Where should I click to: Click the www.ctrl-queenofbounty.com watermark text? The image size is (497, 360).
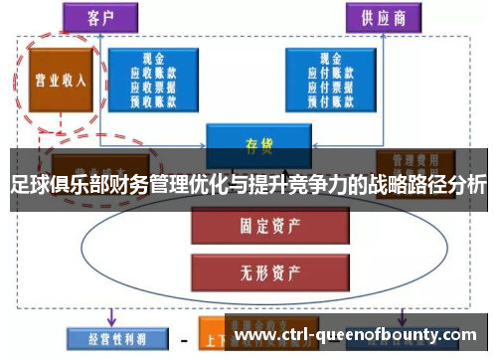(358, 336)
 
